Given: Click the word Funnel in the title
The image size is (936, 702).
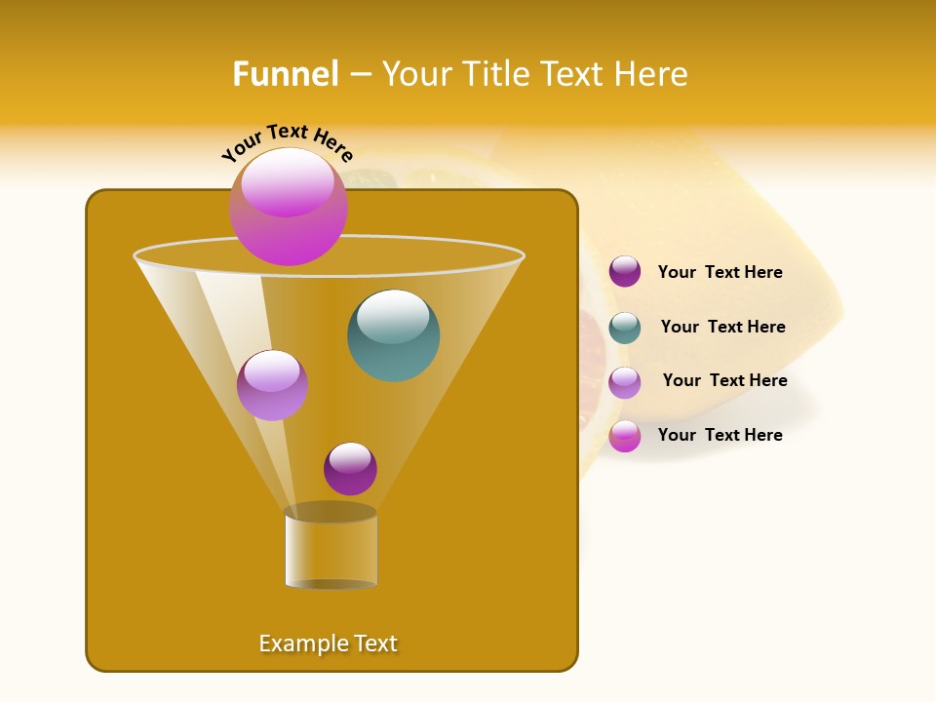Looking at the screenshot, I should coord(286,74).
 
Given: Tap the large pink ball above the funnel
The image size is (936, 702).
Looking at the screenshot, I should coord(288,207).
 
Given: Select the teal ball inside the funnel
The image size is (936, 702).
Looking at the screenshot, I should coord(393,335).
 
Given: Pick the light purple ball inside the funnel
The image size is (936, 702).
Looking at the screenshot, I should coord(272,385).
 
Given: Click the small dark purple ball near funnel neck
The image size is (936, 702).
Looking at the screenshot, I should coord(350,469).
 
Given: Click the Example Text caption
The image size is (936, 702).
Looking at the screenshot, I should coord(328,643).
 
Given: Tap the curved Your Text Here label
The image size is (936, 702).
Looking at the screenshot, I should coord(287,142).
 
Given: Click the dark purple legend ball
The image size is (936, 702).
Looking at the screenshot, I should coord(624,272).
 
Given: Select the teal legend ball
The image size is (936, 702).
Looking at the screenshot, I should coord(624,328).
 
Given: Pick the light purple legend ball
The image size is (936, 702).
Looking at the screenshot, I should coord(624,382).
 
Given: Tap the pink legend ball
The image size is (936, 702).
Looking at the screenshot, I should coord(624,436).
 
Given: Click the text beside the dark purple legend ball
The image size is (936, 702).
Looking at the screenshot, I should coord(720,273).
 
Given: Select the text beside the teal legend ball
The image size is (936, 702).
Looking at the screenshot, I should coord(722,328).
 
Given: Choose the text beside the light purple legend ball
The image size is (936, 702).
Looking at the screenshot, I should coord(724,381).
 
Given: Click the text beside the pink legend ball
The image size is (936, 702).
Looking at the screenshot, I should coord(720,435).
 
